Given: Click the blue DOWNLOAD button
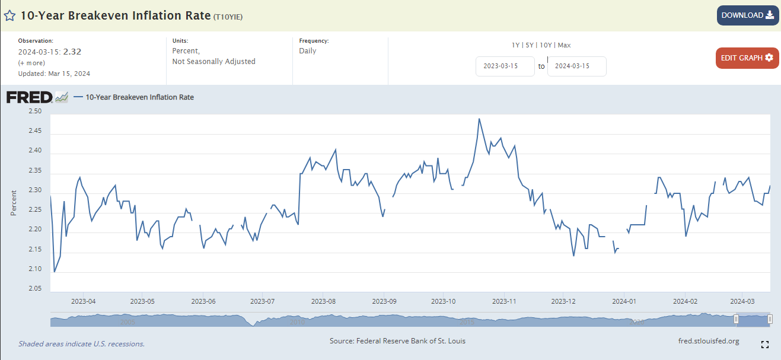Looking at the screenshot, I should pyautogui.click(x=747, y=15).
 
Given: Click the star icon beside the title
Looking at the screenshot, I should pyautogui.click(x=10, y=16).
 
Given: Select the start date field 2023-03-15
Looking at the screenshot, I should pyautogui.click(x=505, y=66).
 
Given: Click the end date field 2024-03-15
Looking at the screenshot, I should pyautogui.click(x=576, y=66).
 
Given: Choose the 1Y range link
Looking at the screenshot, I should pyautogui.click(x=516, y=45).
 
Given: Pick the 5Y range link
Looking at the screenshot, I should pyautogui.click(x=530, y=45).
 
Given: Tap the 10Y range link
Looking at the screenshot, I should pyautogui.click(x=546, y=45).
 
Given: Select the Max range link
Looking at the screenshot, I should pyautogui.click(x=564, y=45).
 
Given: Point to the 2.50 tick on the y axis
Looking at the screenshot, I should pyautogui.click(x=35, y=111).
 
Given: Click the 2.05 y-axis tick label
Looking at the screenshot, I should pyautogui.click(x=35, y=289).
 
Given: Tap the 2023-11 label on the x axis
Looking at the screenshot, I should pyautogui.click(x=503, y=301).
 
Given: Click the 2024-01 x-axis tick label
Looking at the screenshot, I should pyautogui.click(x=624, y=301).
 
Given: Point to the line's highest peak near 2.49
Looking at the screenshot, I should pyautogui.click(x=479, y=119).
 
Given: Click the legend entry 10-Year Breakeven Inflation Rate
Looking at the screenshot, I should pyautogui.click(x=139, y=97).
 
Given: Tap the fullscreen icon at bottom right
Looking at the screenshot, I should pyautogui.click(x=764, y=345).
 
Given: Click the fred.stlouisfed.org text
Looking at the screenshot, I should pyautogui.click(x=708, y=341).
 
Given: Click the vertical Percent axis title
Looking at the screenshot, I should pyautogui.click(x=14, y=202).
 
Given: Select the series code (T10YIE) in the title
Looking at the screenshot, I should pyautogui.click(x=228, y=17).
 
